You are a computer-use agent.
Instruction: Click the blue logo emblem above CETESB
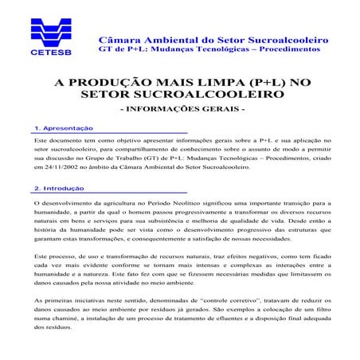click(x=50, y=30)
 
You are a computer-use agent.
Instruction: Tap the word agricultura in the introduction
click(x=123, y=205)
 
